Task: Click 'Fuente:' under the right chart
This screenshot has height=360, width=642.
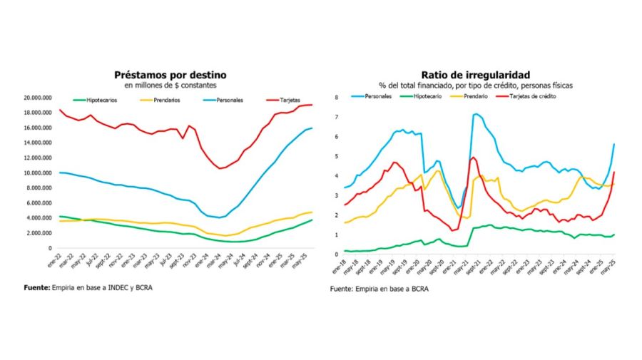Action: [x=343, y=289]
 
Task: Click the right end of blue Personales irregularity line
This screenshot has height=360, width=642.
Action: [x=614, y=145]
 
